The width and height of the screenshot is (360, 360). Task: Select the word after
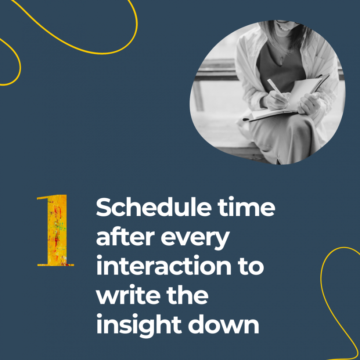point(124,238)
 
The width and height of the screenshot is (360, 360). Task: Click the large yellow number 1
point(56,230)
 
